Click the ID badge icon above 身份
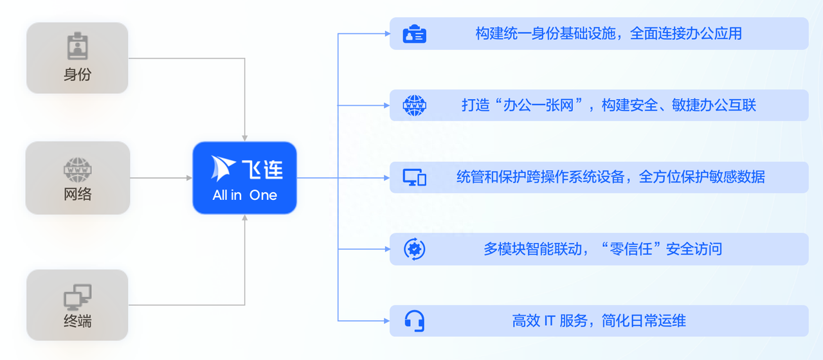coord(78,46)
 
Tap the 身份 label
coord(78,75)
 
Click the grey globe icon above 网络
coord(78,170)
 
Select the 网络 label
coord(78,194)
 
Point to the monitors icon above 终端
coord(78,297)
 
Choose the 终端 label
coord(78,321)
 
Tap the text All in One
coord(245,195)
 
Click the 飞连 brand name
coord(262,169)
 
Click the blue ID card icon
coord(415,34)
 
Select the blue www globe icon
coord(415,105)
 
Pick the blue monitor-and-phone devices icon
coord(415,177)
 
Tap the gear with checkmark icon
coord(415,249)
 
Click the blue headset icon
coord(415,321)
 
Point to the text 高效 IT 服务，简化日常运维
coord(599,321)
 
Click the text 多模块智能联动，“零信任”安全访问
coord(602,249)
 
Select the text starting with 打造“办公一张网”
coord(609,105)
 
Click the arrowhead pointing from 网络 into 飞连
coord(189,178)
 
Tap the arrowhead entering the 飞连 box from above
coord(245,138)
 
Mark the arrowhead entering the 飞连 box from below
coord(245,218)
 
